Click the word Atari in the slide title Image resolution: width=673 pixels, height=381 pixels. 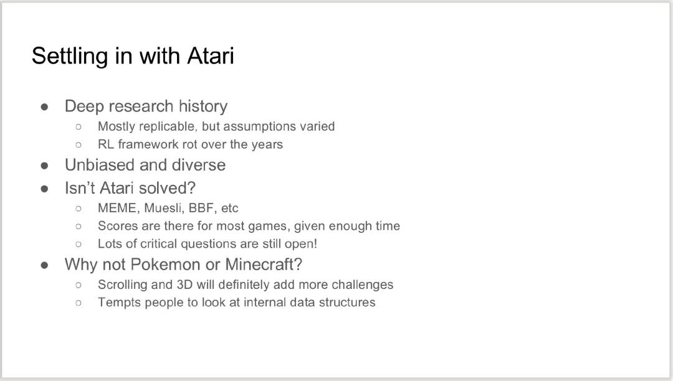(211, 55)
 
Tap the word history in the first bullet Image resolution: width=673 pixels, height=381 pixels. (203, 106)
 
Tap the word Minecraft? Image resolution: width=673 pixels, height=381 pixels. (264, 265)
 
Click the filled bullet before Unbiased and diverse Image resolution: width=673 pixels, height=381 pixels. (45, 166)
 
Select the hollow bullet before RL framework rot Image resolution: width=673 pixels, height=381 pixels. (79, 145)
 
